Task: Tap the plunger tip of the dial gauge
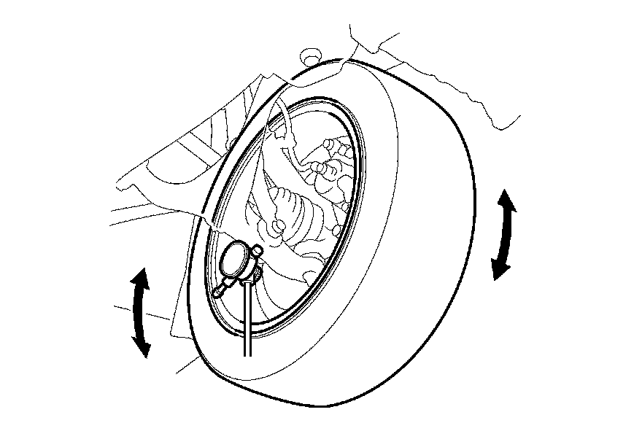(217, 294)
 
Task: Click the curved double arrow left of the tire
(139, 312)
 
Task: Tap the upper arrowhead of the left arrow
(141, 277)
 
